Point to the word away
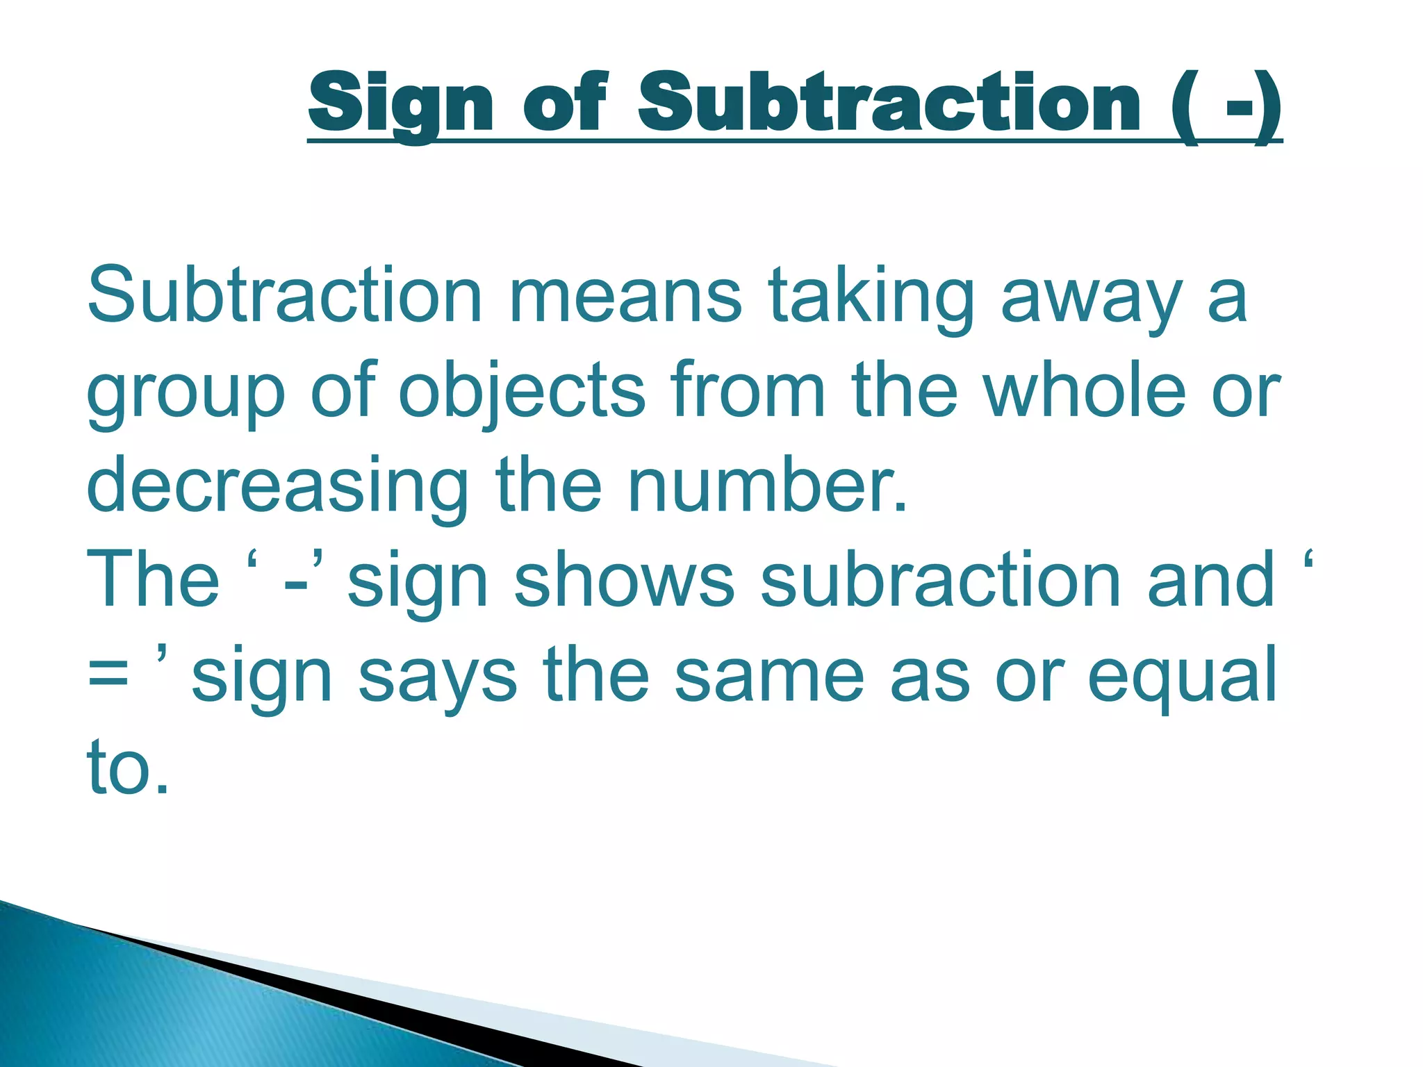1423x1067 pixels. (1091, 297)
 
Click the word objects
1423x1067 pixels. (522, 391)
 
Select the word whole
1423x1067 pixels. (1085, 391)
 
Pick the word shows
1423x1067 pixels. (623, 581)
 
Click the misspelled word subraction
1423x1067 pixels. (941, 581)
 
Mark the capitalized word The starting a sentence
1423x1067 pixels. (153, 581)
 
